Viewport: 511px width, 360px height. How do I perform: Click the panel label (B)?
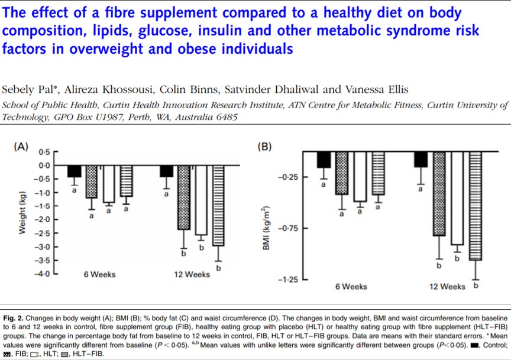click(x=265, y=147)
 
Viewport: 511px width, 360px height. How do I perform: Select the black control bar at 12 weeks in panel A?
click(x=167, y=170)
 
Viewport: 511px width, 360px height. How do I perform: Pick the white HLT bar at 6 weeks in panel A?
click(x=108, y=184)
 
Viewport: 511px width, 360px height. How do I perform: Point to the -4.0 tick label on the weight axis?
click(x=43, y=274)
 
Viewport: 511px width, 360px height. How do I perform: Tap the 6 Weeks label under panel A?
click(x=99, y=274)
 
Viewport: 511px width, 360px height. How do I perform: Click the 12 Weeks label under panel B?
click(x=448, y=287)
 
